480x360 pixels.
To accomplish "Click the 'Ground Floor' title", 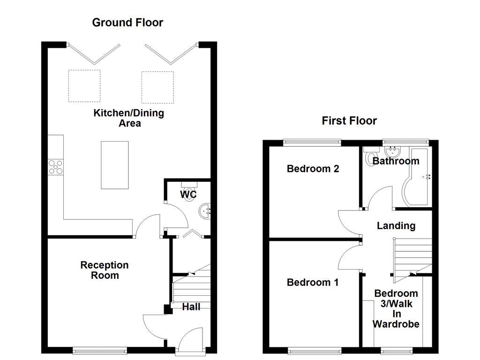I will [x=127, y=22].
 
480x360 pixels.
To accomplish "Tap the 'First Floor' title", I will [x=349, y=121].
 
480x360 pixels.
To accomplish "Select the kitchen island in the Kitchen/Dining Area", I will [x=115, y=165].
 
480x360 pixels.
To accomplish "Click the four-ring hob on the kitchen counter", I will [x=55, y=167].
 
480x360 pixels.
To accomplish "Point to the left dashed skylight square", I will [x=84, y=86].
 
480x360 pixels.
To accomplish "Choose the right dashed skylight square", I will [x=157, y=87].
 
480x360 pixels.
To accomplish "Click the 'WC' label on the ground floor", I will [x=188, y=194].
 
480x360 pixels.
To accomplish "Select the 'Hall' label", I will [x=191, y=307].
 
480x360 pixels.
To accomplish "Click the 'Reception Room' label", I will [x=105, y=270].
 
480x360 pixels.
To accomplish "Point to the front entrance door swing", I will [x=190, y=339].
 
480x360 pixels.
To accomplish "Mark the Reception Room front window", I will [x=100, y=350].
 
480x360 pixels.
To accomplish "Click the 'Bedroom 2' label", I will [x=313, y=169].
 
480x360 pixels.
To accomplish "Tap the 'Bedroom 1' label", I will [x=313, y=283].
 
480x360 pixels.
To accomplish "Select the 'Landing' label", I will [x=396, y=226].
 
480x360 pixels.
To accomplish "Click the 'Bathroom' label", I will [x=396, y=161].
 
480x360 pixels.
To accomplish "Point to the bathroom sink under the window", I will [x=391, y=151].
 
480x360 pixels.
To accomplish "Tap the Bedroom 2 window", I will [x=312, y=142].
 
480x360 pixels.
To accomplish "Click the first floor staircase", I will [x=412, y=255].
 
